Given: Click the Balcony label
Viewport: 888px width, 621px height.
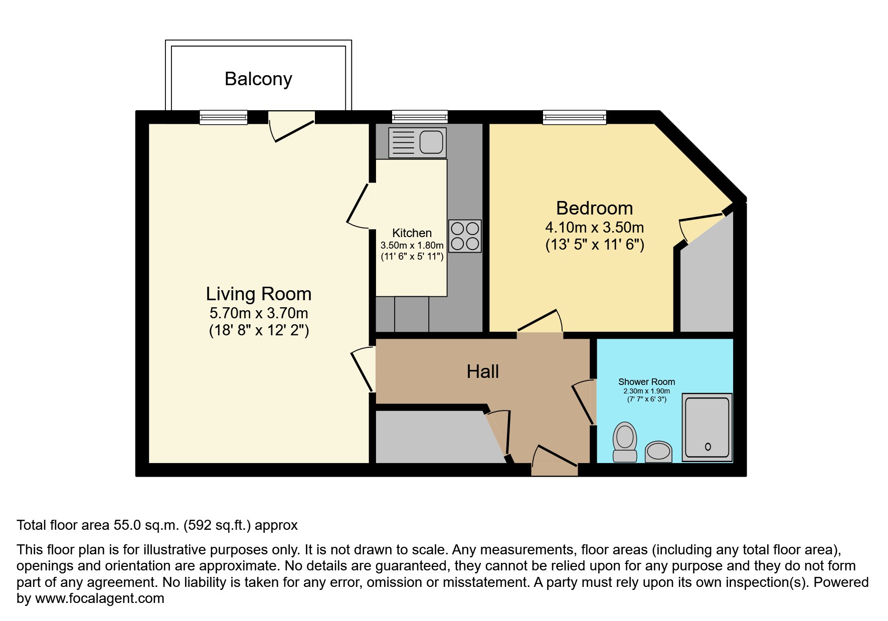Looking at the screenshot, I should pyautogui.click(x=258, y=79).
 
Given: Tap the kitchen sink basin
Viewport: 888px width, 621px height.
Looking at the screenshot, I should pyautogui.click(x=431, y=142).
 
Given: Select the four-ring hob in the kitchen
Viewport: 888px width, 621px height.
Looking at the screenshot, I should pyautogui.click(x=465, y=236).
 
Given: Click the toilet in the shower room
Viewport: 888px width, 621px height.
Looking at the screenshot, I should pyautogui.click(x=625, y=441).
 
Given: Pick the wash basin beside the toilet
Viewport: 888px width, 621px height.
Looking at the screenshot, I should pyautogui.click(x=658, y=452).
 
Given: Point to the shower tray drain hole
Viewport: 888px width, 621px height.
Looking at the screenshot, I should pyautogui.click(x=708, y=447).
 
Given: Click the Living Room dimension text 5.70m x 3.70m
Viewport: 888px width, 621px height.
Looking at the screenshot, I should pyautogui.click(x=259, y=313).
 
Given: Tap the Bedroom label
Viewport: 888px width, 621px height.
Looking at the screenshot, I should pyautogui.click(x=595, y=208).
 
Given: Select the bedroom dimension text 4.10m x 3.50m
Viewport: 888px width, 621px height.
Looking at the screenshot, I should pyautogui.click(x=595, y=228).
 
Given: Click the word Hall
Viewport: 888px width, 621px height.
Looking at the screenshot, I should pyautogui.click(x=483, y=371).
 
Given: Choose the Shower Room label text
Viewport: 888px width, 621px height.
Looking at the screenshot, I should pyautogui.click(x=646, y=382).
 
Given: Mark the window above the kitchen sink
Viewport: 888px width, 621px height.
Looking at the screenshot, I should pyautogui.click(x=420, y=117).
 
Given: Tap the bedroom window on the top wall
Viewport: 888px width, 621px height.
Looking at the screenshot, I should pyautogui.click(x=575, y=117).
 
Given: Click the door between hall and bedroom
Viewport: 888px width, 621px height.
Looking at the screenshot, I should pyautogui.click(x=540, y=322).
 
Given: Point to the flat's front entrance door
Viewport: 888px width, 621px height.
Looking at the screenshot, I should pyautogui.click(x=554, y=459).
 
